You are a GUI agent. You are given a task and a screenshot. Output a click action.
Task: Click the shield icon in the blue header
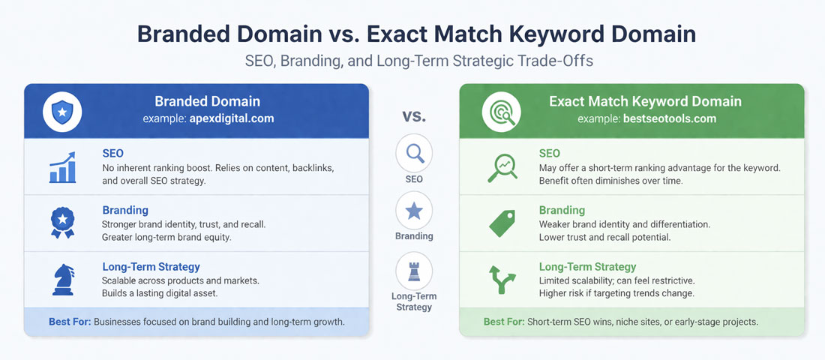pos(63,111)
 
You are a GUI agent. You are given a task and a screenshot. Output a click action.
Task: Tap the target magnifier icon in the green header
pos(499,111)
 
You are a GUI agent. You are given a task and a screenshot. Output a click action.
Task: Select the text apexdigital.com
pos(231,118)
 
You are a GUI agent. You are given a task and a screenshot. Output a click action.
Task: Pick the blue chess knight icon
pos(62,279)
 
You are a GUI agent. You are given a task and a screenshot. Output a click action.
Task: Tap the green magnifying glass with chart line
pos(502,166)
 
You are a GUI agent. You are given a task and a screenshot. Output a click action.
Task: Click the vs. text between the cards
pos(413,116)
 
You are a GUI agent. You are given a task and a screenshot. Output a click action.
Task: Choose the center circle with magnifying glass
pos(413,153)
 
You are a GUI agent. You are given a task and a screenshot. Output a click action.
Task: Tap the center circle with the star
pos(413,211)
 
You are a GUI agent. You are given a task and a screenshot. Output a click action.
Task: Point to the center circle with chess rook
pos(413,271)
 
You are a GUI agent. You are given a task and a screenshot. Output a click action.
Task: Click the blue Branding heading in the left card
pos(124,210)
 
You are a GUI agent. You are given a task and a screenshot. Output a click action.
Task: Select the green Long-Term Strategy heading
pos(587,266)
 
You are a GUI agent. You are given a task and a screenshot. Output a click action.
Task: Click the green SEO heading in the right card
pos(549,153)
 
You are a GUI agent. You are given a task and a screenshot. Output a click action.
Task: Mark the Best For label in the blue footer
pos(70,322)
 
